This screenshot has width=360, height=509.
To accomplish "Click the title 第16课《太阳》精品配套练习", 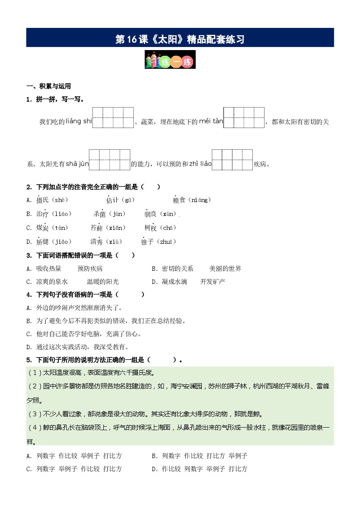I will tap(180, 39).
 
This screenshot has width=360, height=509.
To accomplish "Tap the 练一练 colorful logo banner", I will tap(170, 60).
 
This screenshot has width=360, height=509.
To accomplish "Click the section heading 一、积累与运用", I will tap(48, 86).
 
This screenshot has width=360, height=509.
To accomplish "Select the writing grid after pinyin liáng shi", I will tap(113, 118).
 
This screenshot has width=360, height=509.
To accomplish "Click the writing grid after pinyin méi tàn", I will tap(244, 118).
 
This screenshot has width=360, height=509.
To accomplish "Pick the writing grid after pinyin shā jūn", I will tap(109, 159).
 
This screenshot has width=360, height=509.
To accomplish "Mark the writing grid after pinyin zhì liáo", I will tap(232, 159).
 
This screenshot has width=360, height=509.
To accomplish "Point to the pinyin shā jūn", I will tap(77, 164).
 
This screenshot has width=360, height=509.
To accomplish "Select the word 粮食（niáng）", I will tap(192, 200).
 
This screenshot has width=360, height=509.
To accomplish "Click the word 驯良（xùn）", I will tap(161, 214).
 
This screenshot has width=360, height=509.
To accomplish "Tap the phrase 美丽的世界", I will tap(225, 269).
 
